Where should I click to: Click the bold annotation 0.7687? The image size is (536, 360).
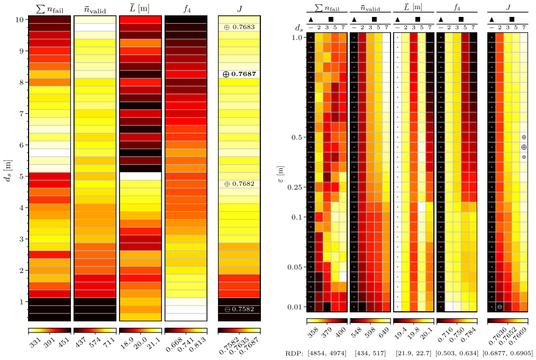click(x=243, y=74)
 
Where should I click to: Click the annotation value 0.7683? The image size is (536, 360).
click(x=243, y=27)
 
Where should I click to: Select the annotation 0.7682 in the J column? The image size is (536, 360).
click(x=243, y=184)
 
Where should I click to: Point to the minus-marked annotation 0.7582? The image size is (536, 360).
click(x=243, y=309)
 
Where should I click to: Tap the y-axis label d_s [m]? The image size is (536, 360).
click(x=8, y=169)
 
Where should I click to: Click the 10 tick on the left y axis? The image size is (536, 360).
click(x=20, y=20)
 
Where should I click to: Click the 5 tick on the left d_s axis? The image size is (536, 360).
click(x=22, y=176)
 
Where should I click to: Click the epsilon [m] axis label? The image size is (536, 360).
click(x=280, y=174)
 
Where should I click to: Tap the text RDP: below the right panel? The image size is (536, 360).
click(x=294, y=353)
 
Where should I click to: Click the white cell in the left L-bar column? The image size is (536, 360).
click(x=140, y=176)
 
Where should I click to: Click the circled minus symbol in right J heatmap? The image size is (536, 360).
click(x=500, y=307)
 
